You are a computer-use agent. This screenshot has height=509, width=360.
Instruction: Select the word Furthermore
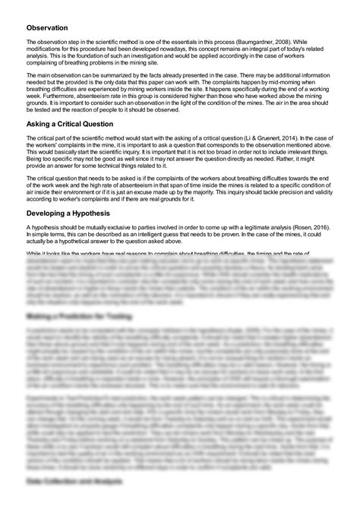[x=52, y=96]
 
